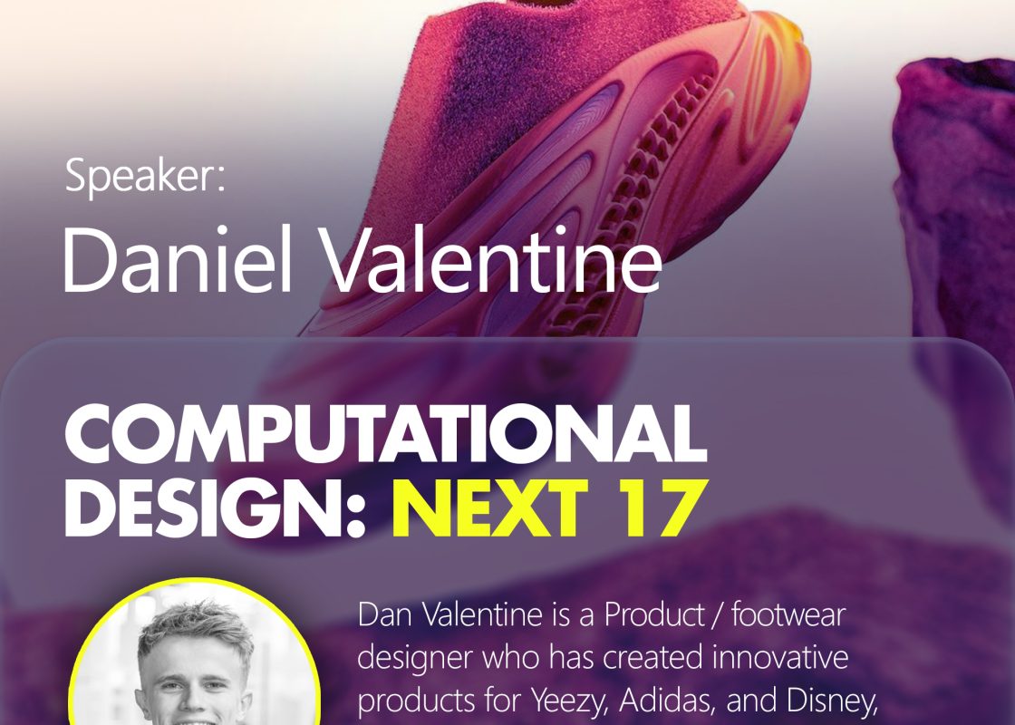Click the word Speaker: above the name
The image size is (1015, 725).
[145, 176]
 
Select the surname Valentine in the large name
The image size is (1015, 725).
[492, 260]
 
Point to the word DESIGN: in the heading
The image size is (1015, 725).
[216, 508]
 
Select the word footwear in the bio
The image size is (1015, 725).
[788, 614]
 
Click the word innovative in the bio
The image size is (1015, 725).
[780, 657]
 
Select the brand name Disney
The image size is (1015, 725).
[832, 701]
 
